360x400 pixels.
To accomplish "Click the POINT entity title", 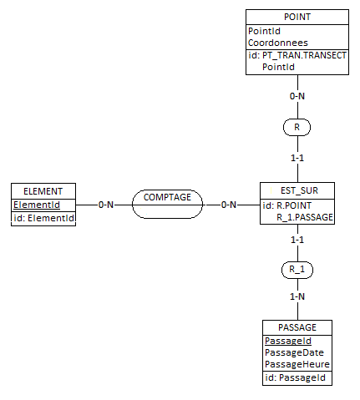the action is coord(297,17).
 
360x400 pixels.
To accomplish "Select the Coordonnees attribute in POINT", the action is coord(278,43).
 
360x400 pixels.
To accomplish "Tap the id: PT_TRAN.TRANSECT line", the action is coord(297,55).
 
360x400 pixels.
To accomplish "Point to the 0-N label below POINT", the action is coord(297,96).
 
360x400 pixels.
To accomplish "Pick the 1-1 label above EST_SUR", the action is coord(297,158).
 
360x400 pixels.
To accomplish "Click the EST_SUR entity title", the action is coord(299,190).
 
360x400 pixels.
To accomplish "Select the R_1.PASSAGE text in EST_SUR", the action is coord(305,217).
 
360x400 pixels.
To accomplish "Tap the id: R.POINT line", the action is coord(286,205).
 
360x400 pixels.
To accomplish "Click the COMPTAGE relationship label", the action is coord(167,197).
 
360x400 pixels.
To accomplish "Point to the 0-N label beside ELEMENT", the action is coord(106,205).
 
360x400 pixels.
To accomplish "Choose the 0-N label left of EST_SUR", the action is coord(229,205).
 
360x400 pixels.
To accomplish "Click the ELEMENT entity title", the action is coord(43,191).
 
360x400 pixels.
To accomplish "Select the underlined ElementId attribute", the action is coord(37,205).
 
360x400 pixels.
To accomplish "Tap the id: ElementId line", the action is coord(43,218).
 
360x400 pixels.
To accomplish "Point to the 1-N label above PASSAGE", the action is coord(297,296).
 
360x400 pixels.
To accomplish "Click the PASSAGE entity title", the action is coord(297,327).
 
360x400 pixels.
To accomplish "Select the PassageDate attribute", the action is coord(294,352).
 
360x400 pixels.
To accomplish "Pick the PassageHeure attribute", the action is coord(297,364).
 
